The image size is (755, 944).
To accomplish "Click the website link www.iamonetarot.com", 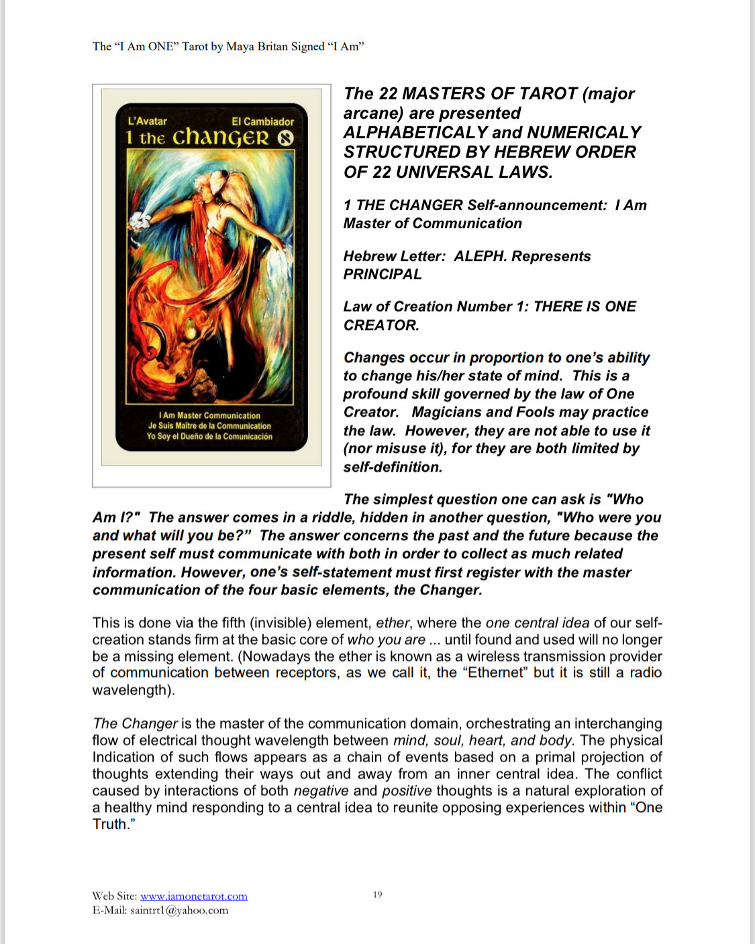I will coord(193,896).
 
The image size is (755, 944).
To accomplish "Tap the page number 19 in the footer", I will coord(378,894).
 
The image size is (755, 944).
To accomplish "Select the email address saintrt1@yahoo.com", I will coord(179,910).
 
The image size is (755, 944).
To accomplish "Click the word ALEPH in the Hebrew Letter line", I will coord(479,256).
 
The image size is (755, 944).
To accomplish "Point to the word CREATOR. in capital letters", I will coord(381,325).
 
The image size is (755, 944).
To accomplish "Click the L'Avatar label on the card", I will coord(147,121).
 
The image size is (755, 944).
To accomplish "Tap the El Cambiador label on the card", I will coord(262,121).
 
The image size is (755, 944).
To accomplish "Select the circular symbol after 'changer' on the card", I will coord(286,138).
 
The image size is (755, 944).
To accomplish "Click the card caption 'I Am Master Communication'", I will coord(209,415).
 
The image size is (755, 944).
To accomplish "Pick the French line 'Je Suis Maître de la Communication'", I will coord(209,426).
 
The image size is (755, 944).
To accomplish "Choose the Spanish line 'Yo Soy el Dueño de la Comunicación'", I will coord(209,437).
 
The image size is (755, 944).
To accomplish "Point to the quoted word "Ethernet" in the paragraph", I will coord(495,673).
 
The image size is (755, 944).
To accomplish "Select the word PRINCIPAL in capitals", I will coord(383,274).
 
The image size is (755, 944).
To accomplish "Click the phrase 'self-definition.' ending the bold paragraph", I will coord(393,467).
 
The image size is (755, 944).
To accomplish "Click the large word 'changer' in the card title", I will coord(220,138).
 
